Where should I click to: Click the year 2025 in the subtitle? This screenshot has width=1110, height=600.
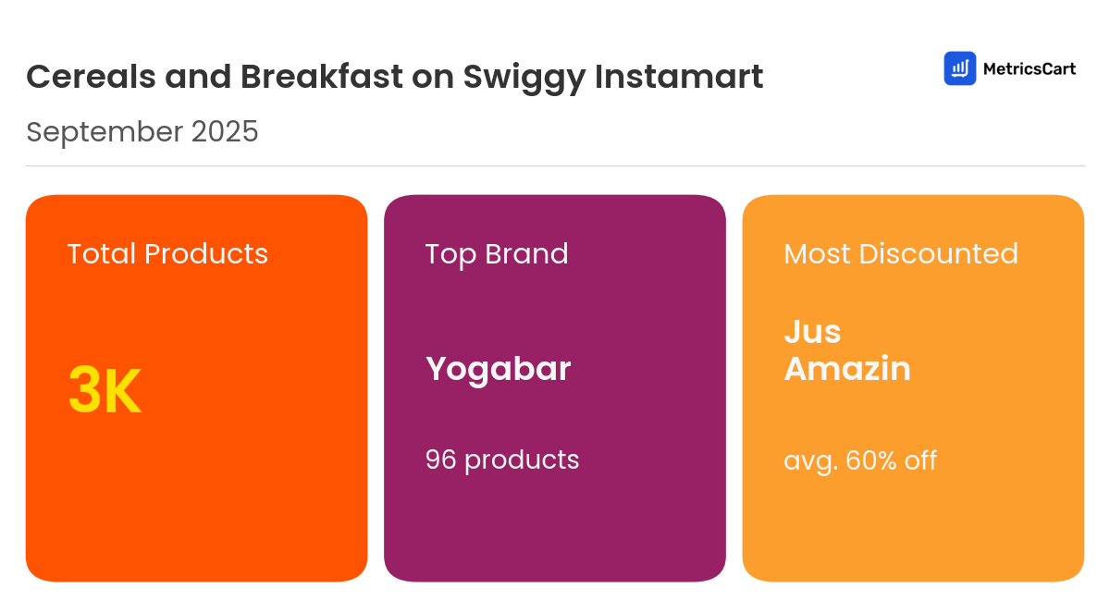pos(225,132)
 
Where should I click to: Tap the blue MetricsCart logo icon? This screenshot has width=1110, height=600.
pos(959,68)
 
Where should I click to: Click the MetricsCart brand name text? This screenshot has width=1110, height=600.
pos(1029,68)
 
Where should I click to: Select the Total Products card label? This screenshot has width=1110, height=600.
pos(167,253)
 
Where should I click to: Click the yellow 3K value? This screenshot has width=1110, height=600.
pos(105,391)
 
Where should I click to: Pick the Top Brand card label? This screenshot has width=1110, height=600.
pos(497,253)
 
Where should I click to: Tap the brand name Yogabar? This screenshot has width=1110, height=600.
pos(498,369)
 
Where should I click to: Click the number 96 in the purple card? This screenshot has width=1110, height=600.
pos(441,459)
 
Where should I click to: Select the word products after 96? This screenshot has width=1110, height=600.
pos(522,459)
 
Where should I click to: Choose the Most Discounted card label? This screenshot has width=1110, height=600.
pos(900,253)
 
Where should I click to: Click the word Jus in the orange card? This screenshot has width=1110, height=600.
pos(812,331)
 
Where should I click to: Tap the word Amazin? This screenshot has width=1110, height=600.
pos(846,369)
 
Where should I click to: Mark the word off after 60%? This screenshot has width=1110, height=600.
pos(921,459)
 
